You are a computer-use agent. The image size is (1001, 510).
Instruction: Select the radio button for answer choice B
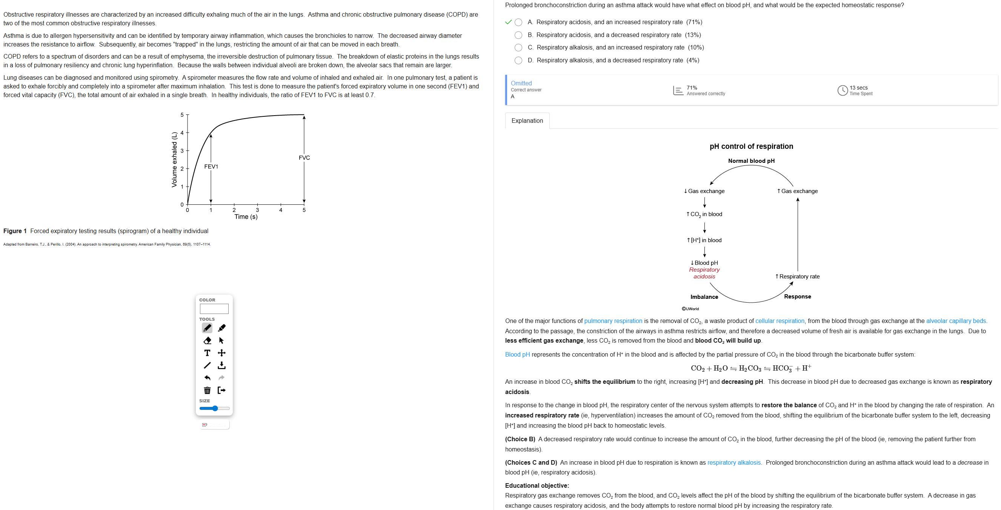(x=518, y=35)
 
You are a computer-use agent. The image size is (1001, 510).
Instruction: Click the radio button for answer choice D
(x=518, y=60)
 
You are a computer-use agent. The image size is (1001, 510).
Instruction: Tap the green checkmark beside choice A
(x=508, y=22)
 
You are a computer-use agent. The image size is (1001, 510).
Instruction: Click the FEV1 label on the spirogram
(x=211, y=167)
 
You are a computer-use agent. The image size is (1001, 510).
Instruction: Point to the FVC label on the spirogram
(x=304, y=158)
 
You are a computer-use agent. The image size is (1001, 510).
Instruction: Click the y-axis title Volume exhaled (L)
(x=174, y=159)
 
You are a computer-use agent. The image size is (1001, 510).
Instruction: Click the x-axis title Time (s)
(x=246, y=217)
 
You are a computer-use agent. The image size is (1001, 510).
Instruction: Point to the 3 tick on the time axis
(x=257, y=210)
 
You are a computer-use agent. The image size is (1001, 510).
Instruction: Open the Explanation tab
(x=527, y=121)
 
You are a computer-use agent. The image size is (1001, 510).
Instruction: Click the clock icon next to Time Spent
(x=842, y=90)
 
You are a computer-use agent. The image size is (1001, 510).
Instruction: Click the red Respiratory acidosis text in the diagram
(x=704, y=273)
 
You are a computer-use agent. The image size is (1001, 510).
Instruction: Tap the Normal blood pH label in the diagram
(x=751, y=161)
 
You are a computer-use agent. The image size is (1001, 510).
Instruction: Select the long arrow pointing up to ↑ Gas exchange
(x=797, y=233)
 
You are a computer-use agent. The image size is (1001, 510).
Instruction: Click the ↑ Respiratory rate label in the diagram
(x=797, y=277)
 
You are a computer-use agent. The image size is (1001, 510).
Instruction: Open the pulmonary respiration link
(x=613, y=321)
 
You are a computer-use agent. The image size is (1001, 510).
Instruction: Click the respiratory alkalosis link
(x=733, y=462)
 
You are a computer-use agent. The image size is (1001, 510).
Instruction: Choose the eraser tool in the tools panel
(x=207, y=341)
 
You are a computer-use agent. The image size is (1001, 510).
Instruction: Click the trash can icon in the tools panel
(x=207, y=390)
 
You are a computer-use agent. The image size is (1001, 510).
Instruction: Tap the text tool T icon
(x=207, y=353)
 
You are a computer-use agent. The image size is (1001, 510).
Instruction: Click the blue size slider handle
(x=215, y=408)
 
